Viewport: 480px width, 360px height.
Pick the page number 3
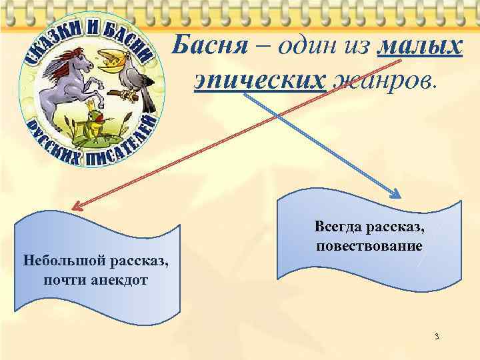tap(436, 336)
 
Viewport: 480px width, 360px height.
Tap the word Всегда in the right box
tap(337, 227)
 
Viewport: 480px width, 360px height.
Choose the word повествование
tap(369, 246)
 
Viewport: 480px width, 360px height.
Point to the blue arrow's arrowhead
tap(396, 195)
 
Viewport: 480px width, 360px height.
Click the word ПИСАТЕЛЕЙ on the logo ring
tap(127, 143)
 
